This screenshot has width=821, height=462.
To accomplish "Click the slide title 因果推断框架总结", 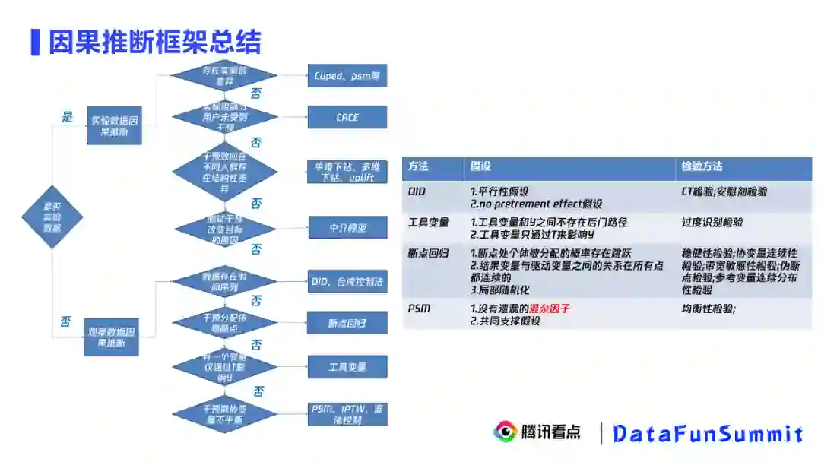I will [154, 42].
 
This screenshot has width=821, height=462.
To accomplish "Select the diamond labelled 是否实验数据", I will [52, 217].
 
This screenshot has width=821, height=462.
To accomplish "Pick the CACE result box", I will [347, 117].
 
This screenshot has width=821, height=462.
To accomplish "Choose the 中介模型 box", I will [347, 227].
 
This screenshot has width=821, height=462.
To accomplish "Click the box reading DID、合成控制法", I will [347, 281].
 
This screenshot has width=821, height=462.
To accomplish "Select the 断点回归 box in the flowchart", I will [347, 323].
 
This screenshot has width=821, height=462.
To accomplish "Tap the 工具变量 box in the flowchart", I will [347, 367].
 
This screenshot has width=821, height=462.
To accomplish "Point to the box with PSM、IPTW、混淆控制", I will [347, 413].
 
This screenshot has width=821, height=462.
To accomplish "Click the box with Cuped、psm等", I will [347, 75].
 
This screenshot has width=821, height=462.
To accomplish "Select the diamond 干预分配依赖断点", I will [224, 322].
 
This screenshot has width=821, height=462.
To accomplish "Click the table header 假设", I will [481, 166].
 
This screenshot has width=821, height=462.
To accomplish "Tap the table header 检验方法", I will [702, 166].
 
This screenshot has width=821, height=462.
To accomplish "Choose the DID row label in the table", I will [417, 191].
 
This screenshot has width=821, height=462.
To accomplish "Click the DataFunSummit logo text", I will [708, 434].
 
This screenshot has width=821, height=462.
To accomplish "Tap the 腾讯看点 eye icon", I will [504, 432].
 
